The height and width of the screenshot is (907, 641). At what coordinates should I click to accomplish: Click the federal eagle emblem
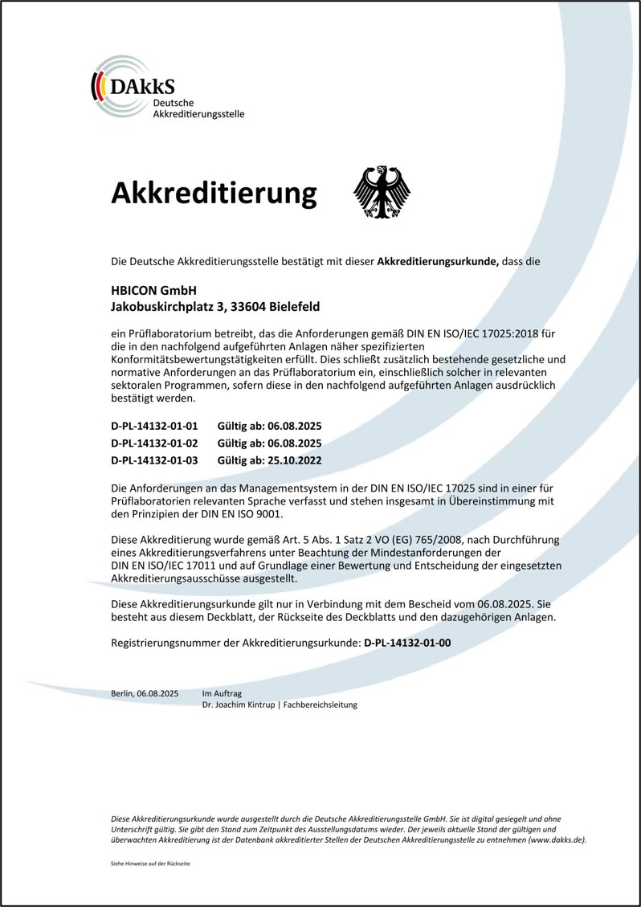[382, 193]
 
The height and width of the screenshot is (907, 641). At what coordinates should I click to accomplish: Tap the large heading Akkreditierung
[214, 194]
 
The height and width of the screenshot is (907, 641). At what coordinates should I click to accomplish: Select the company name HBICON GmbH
[153, 290]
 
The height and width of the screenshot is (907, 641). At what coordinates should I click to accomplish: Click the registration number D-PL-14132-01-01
[153, 426]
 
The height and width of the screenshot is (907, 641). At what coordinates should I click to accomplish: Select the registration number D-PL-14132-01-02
[153, 443]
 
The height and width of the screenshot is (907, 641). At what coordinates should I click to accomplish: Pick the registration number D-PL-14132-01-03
[153, 460]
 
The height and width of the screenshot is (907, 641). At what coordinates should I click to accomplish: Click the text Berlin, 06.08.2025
[145, 693]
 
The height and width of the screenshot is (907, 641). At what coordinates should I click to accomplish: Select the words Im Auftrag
[222, 693]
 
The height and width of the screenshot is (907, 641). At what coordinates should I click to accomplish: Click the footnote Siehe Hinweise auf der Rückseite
[150, 864]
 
